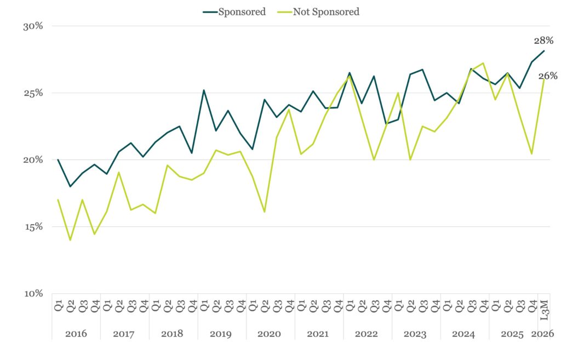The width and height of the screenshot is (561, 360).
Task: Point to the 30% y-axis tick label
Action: [32, 26]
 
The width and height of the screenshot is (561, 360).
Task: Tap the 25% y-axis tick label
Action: [32, 93]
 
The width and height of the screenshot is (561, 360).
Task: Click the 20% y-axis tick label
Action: [32, 160]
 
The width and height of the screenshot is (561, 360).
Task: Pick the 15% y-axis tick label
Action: [32, 227]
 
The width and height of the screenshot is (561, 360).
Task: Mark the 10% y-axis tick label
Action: [32, 294]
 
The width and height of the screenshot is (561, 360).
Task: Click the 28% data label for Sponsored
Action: [543, 41]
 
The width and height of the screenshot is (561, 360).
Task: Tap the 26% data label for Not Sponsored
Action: [548, 76]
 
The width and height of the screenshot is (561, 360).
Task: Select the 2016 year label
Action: [76, 334]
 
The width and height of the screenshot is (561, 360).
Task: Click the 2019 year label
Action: [221, 334]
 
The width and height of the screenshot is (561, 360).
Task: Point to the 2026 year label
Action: [543, 334]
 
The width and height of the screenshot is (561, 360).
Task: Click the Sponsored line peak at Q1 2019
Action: [204, 90]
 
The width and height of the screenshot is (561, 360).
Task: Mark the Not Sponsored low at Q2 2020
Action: [265, 212]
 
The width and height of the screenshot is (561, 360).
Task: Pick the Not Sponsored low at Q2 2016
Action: [70, 240]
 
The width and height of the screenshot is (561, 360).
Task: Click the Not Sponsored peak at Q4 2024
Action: [483, 63]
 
